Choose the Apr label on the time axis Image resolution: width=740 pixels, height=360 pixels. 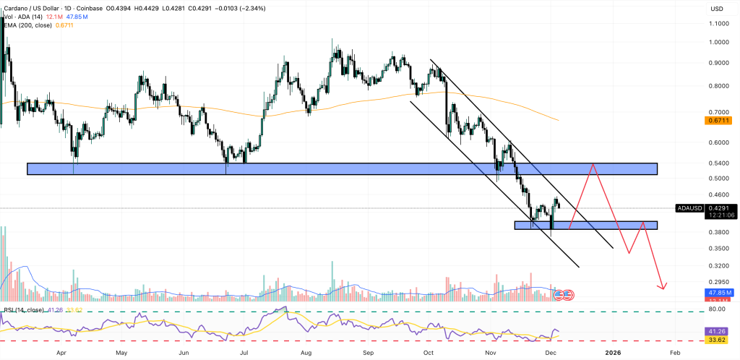(x=61, y=352)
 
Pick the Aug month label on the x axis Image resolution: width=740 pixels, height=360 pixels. (x=306, y=352)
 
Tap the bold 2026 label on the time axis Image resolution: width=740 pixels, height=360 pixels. (x=613, y=352)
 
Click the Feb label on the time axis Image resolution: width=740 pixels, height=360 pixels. (x=674, y=352)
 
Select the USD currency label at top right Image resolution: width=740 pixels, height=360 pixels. (x=717, y=9)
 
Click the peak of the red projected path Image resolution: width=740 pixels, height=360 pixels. (x=593, y=164)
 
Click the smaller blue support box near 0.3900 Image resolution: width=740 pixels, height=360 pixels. (x=585, y=225)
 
